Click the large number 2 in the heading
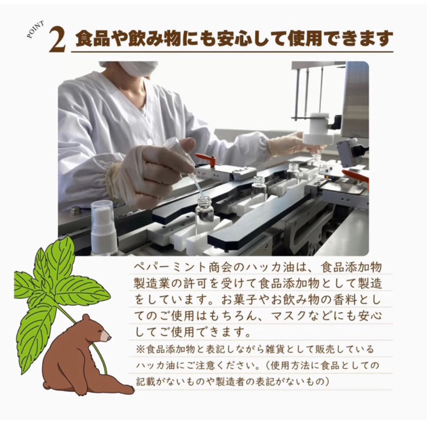(x=58, y=40)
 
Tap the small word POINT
(x=35, y=30)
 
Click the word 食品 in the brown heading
(x=91, y=38)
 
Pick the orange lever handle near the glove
(x=205, y=159)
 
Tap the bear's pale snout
(x=106, y=337)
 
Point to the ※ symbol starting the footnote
(x=140, y=349)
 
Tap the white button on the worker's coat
(x=149, y=141)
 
